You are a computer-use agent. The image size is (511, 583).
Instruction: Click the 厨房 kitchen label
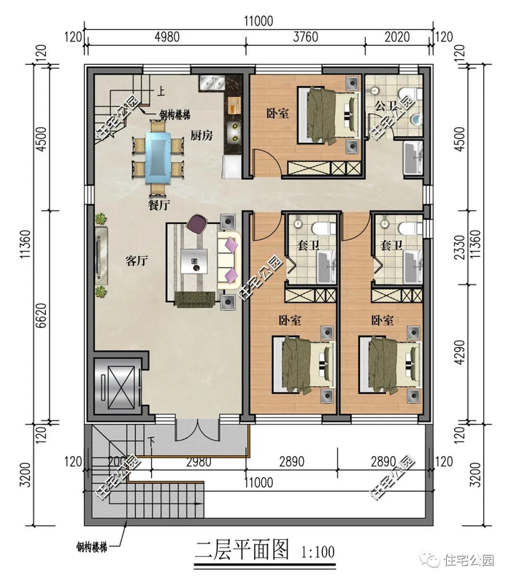pyautogui.click(x=201, y=135)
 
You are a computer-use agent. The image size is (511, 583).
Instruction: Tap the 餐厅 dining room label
pyautogui.click(x=159, y=205)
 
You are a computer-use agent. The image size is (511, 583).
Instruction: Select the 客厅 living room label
pyautogui.click(x=137, y=261)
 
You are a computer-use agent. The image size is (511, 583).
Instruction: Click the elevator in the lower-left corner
pyautogui.click(x=117, y=386)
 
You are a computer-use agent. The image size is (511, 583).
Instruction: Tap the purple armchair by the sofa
pyautogui.click(x=198, y=224)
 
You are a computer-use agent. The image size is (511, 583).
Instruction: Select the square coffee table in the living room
pyautogui.click(x=194, y=261)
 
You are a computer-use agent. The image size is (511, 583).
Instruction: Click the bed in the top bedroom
pyautogui.click(x=328, y=115)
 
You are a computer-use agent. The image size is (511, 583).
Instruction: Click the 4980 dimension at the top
pyautogui.click(x=166, y=36)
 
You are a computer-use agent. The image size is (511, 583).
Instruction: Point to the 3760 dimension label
pyautogui.click(x=305, y=36)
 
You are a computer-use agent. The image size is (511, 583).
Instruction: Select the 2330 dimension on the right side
pyautogui.click(x=460, y=247)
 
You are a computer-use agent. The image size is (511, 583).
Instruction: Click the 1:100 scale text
pyautogui.click(x=318, y=552)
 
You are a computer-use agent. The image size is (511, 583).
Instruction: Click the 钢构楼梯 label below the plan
pyautogui.click(x=91, y=547)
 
